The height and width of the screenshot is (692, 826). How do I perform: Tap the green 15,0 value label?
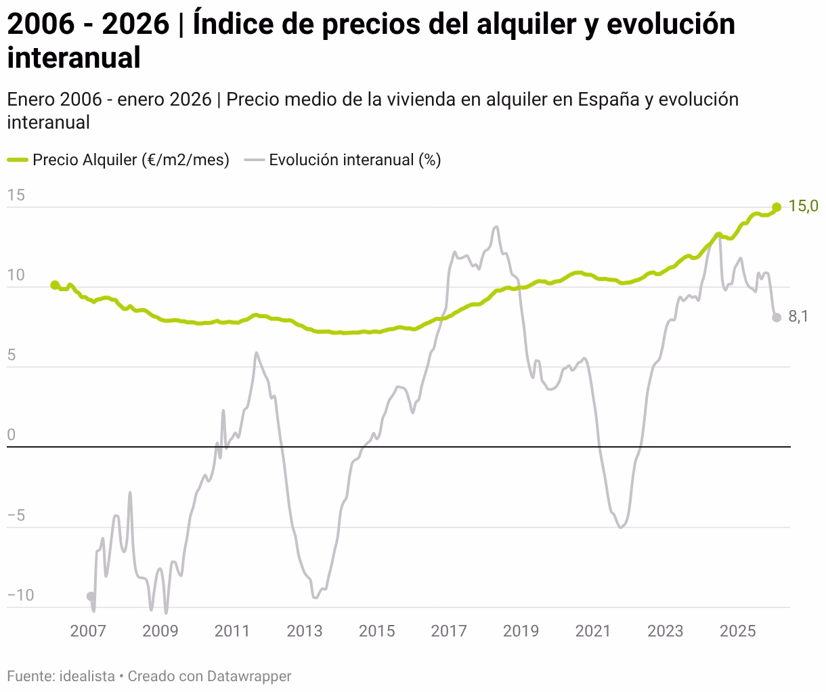pyautogui.click(x=803, y=206)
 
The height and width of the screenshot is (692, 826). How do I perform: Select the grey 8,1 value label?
pyautogui.click(x=798, y=316)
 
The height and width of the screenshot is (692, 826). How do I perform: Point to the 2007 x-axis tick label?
pyautogui.click(x=88, y=631)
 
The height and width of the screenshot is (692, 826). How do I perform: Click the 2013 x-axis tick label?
pyautogui.click(x=304, y=631)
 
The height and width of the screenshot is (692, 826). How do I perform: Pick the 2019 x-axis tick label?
pyautogui.click(x=521, y=631)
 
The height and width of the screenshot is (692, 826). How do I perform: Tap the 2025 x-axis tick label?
pyautogui.click(x=737, y=631)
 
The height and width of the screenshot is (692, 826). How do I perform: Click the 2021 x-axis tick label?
pyautogui.click(x=593, y=631)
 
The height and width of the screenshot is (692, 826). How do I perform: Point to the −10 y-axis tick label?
pyautogui.click(x=20, y=595)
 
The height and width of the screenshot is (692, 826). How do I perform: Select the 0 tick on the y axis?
pyautogui.click(x=12, y=435)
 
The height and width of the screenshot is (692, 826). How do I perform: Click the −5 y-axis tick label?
pyautogui.click(x=16, y=515)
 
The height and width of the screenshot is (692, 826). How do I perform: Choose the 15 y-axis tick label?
pyautogui.click(x=16, y=195)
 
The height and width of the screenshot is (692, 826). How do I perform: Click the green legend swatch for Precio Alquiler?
pyautogui.click(x=18, y=160)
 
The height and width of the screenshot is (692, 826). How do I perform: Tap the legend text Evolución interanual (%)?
pyautogui.click(x=355, y=160)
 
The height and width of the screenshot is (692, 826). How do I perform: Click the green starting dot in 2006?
pyautogui.click(x=55, y=284)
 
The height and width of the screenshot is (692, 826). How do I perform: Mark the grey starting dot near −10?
pyautogui.click(x=91, y=597)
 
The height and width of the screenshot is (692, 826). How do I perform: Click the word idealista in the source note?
pyautogui.click(x=87, y=676)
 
